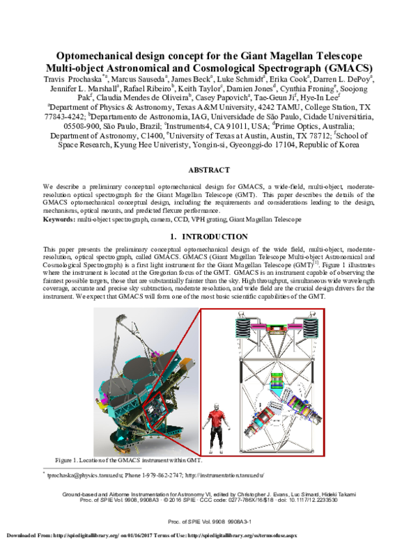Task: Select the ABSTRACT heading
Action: [x=209, y=170]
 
